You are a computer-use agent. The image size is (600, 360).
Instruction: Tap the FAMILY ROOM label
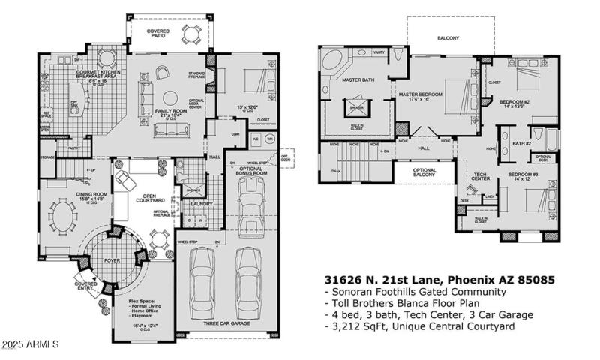(170, 111)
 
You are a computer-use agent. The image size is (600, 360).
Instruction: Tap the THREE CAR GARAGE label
(226, 323)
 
